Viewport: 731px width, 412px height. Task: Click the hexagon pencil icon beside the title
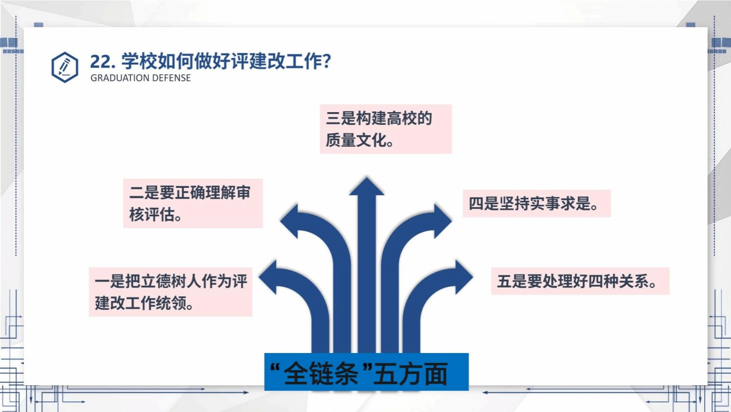(64, 67)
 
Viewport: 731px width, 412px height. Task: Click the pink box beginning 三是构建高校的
(386, 129)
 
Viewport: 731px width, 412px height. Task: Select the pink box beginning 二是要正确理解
(193, 203)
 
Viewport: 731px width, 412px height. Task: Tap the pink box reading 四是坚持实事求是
(537, 203)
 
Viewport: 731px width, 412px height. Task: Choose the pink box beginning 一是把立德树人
(171, 292)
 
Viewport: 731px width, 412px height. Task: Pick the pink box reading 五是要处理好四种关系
(580, 281)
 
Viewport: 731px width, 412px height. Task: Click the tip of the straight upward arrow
(366, 177)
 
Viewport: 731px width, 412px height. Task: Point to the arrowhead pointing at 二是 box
(289, 221)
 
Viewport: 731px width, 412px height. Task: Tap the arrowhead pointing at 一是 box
(268, 277)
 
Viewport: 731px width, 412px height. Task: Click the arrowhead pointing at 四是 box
(443, 221)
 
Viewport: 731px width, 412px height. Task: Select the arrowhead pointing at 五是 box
(464, 277)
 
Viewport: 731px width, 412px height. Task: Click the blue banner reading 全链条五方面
(366, 372)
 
